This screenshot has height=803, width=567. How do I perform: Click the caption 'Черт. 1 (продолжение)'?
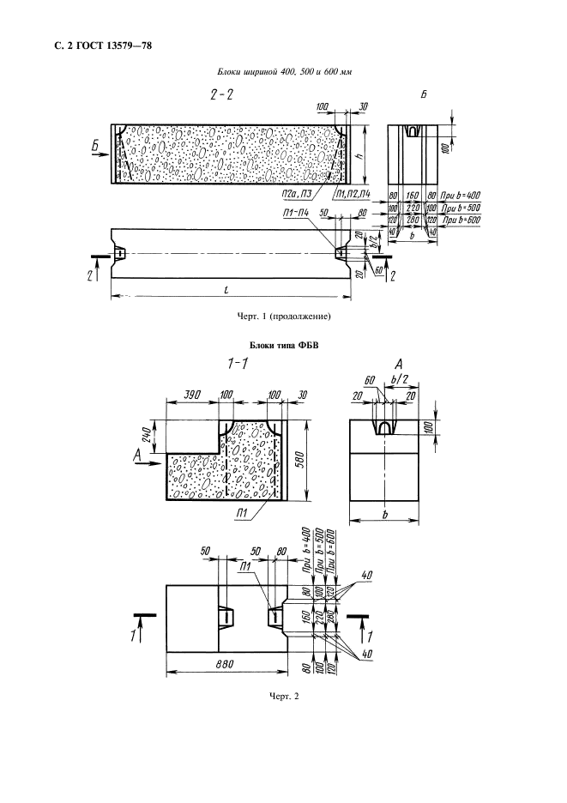tap(283, 316)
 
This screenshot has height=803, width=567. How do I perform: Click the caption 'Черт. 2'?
tap(283, 695)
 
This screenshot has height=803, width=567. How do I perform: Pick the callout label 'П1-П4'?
tap(293, 213)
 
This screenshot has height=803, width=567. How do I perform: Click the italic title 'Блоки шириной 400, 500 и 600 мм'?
tap(283, 72)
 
